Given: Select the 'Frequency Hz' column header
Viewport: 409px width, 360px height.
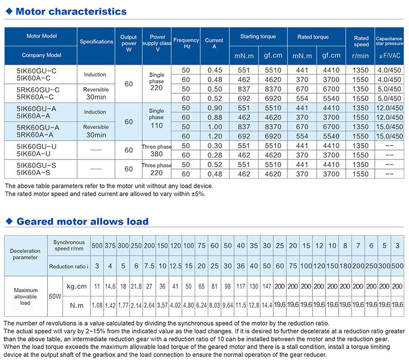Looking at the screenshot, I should coord(187,43).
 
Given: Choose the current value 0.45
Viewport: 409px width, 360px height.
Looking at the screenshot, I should coord(214,70).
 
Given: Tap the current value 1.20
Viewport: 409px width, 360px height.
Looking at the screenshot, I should coord(214,136).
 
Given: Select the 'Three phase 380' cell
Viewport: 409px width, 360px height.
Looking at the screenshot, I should coord(156,151).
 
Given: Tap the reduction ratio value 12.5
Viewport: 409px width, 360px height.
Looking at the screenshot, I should coord(175,266).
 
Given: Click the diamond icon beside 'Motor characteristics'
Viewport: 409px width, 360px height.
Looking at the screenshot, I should coord(9,11).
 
